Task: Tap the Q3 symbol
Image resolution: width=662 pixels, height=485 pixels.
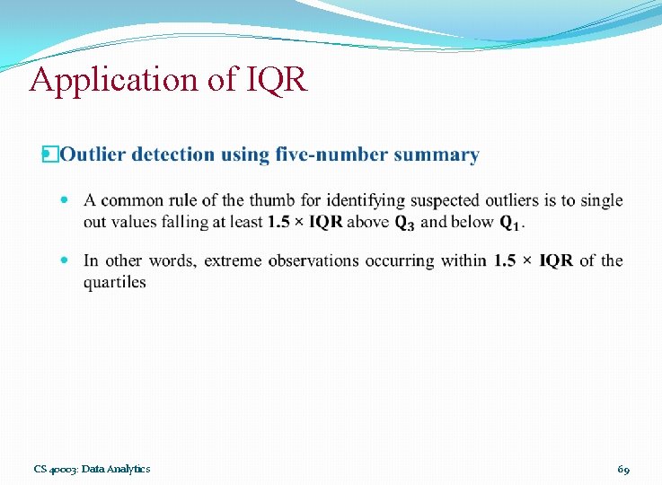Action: [x=404, y=222]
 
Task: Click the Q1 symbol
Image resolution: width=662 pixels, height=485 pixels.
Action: [x=509, y=222]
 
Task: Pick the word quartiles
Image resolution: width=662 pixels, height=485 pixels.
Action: [x=114, y=282]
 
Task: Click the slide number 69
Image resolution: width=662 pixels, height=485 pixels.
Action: [x=623, y=469]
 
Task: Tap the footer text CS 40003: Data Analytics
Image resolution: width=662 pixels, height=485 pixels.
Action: [x=92, y=469]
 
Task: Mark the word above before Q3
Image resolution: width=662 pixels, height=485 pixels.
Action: [x=368, y=222]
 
